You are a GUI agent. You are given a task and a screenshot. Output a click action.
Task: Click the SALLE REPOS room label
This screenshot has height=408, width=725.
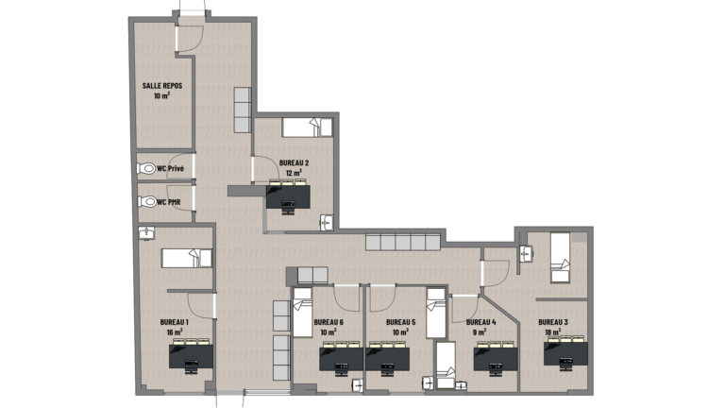pos(162,86)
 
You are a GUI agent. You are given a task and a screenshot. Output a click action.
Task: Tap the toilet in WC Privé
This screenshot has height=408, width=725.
pos(146,168)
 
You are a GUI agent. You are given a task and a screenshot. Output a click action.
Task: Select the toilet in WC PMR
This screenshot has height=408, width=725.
pos(147,202)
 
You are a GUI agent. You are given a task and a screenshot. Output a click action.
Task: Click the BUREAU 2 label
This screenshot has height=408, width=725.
pos(295,162)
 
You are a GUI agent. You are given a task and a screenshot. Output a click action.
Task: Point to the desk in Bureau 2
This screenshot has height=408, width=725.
pos(288,196)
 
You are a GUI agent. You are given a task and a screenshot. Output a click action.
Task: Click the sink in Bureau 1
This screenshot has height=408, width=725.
pos(146,232)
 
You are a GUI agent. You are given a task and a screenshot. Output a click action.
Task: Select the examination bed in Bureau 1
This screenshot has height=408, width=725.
pos(187,258)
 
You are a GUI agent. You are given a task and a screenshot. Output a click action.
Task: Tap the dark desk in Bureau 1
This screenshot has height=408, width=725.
pos(191,356)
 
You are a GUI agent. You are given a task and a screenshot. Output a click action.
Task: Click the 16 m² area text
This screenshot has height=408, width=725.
pos(175,331)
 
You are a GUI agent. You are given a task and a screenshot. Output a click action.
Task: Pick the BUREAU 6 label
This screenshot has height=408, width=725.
pos(329,322)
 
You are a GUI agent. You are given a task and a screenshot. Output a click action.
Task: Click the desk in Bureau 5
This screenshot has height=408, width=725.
pos(387,359)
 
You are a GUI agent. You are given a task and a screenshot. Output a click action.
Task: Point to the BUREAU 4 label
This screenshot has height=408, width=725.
pos(481,322)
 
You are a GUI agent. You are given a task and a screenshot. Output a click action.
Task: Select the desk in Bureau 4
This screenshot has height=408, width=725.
pos(496,359)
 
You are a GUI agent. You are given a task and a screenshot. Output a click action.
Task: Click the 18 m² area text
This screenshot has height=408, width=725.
pos(553,331)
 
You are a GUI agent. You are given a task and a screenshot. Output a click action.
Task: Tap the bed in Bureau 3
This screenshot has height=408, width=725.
pos(560,258)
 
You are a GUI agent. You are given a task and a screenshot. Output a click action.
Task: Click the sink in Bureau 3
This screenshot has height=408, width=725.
pos(526,254)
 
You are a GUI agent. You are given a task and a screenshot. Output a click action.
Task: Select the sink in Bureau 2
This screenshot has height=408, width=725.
pos(327,223)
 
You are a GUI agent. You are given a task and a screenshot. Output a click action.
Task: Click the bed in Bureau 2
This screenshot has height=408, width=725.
pos(308,127)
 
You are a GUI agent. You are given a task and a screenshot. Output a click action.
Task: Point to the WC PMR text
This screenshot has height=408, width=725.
pos(169,202)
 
